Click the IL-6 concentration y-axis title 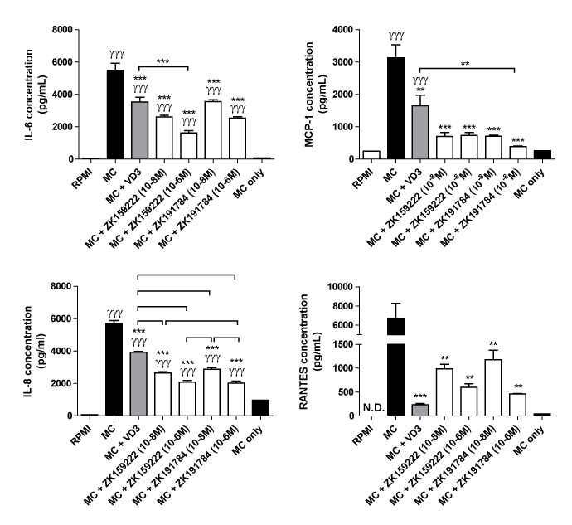click(x=17, y=94)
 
